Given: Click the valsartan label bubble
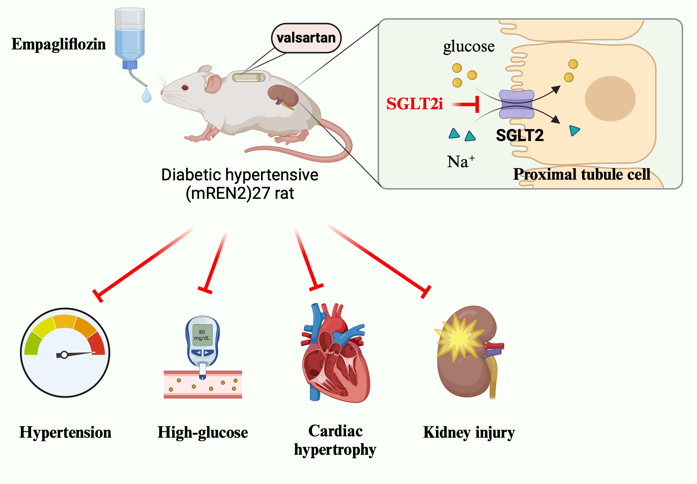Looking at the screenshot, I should point(306,38).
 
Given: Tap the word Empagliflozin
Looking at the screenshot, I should point(59,44).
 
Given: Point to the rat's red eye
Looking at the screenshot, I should point(185,87).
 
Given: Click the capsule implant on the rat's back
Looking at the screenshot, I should point(248,77).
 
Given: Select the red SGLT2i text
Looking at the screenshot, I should point(414,104).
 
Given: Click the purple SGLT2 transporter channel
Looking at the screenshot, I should point(516,104).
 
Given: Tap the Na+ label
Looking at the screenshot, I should point(460,162).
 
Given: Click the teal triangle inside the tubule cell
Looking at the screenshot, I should point(574,131).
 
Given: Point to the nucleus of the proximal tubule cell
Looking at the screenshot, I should point(610,99).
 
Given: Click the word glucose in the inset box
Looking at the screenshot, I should point(469,46).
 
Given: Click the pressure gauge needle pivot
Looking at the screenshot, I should point(64,355).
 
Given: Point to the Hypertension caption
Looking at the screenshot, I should point(65,432).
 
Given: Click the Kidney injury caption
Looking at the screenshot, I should point(469,432).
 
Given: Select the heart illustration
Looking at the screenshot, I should point(335,353).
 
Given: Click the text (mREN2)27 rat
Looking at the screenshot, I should point(240,193).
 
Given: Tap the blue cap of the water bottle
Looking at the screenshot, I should point(130,65).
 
